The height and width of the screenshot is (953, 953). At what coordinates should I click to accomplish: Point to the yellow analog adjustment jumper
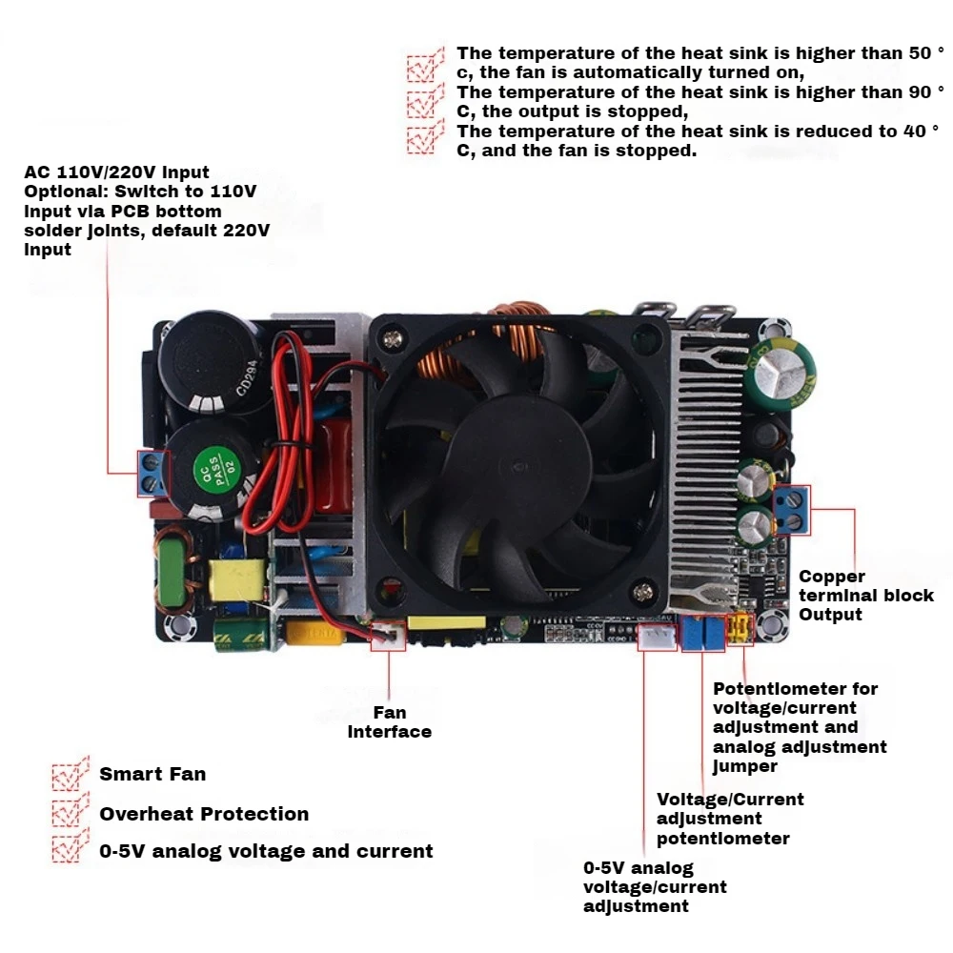[739, 630]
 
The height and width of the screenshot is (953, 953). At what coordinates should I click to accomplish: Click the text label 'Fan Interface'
[389, 722]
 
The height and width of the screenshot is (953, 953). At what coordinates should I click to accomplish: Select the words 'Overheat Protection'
[204, 814]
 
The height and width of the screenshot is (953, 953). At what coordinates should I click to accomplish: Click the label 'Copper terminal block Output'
[865, 596]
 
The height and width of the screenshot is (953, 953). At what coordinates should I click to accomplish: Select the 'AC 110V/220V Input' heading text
[116, 172]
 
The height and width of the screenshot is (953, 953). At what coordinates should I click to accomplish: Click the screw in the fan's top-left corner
[391, 335]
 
